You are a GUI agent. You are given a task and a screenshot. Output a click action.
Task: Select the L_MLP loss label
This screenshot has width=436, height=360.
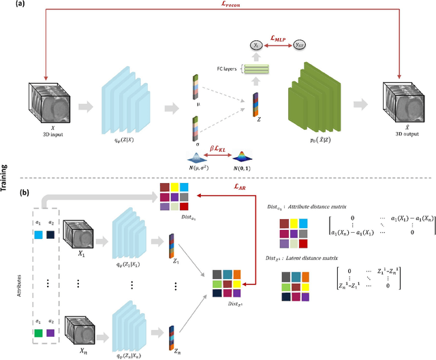point(279,41)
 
